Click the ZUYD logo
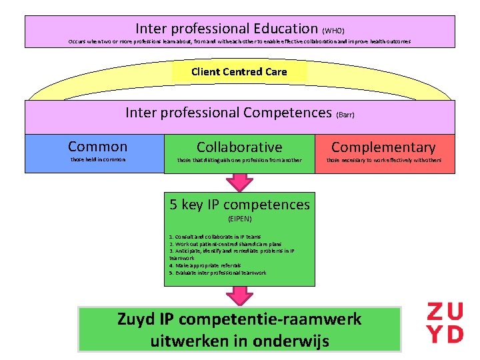pyautogui.click(x=445, y=323)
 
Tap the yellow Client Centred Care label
pyautogui.click(x=239, y=72)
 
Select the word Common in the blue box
pyautogui.click(x=97, y=147)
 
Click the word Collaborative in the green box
pyautogui.click(x=239, y=147)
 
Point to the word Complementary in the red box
pyautogui.click(x=383, y=147)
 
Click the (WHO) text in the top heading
pyautogui.click(x=333, y=31)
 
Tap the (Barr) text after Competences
pyautogui.click(x=345, y=115)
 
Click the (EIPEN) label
pyautogui.click(x=239, y=218)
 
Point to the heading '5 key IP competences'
pyautogui.click(x=239, y=204)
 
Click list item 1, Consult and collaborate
pyautogui.click(x=215, y=237)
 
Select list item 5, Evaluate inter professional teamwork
pyautogui.click(x=217, y=273)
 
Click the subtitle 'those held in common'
pyautogui.click(x=97, y=160)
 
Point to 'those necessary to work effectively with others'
pyautogui.click(x=383, y=160)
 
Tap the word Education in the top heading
pyautogui.click(x=285, y=29)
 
